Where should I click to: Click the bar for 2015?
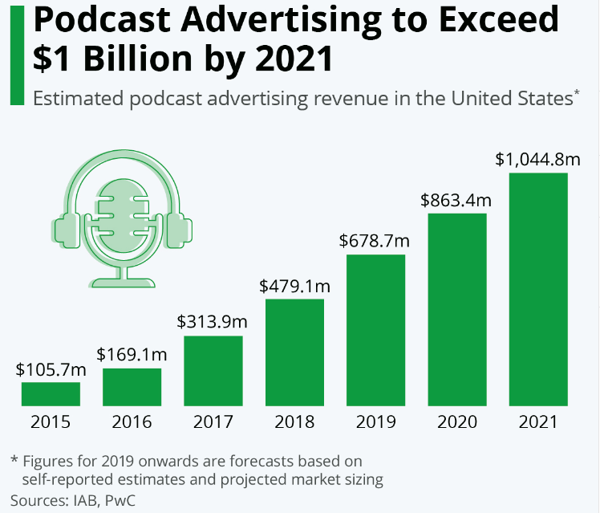pos(51,393)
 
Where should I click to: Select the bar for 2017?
pos(213,370)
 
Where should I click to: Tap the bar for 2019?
pos(375,329)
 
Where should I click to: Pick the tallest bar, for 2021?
pos(537,288)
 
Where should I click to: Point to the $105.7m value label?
pos(51,370)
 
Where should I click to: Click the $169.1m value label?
pos(132,355)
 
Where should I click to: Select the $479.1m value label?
pos(294,286)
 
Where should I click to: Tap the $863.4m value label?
pos(456,200)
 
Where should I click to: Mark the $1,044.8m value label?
pos(537,159)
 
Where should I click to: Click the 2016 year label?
pos(132,422)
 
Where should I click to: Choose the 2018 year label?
pos(294,422)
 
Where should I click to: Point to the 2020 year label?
pos(456,422)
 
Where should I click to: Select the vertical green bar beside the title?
pos(16,53)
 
